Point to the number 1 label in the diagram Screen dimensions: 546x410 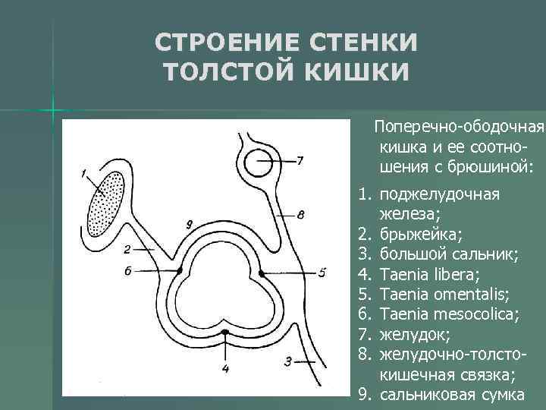tap(84, 174)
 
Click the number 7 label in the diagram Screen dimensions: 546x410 tap(300, 160)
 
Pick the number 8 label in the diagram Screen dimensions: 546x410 tap(301, 215)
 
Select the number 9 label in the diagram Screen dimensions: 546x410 tap(189, 225)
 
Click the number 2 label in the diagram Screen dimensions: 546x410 tap(127, 248)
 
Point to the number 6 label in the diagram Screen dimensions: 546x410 tap(127, 270)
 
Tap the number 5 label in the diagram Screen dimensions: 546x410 tap(322, 271)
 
